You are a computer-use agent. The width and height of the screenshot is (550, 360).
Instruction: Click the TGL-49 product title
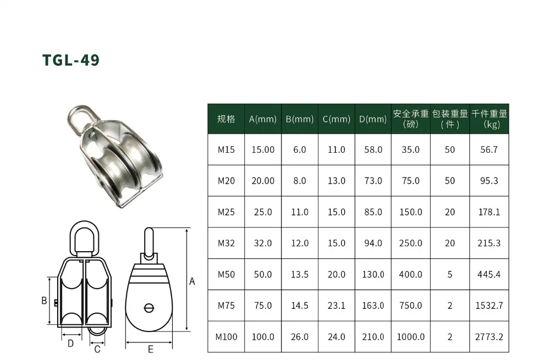click(x=71, y=60)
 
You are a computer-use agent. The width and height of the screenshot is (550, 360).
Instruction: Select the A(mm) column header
click(x=263, y=119)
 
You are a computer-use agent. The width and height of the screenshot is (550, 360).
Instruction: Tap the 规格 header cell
click(x=226, y=119)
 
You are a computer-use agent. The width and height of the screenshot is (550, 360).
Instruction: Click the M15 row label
click(x=226, y=149)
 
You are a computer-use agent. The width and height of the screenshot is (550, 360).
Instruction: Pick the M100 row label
click(x=226, y=337)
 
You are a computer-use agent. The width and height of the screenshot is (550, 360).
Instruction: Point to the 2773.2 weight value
click(x=489, y=337)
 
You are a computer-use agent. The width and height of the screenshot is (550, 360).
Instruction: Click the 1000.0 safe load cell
click(x=410, y=337)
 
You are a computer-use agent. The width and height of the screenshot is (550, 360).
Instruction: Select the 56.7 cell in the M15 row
click(x=489, y=149)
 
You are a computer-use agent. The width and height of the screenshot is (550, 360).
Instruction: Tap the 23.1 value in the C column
click(x=337, y=306)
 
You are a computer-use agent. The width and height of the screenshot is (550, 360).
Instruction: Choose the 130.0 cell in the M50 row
click(x=373, y=274)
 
